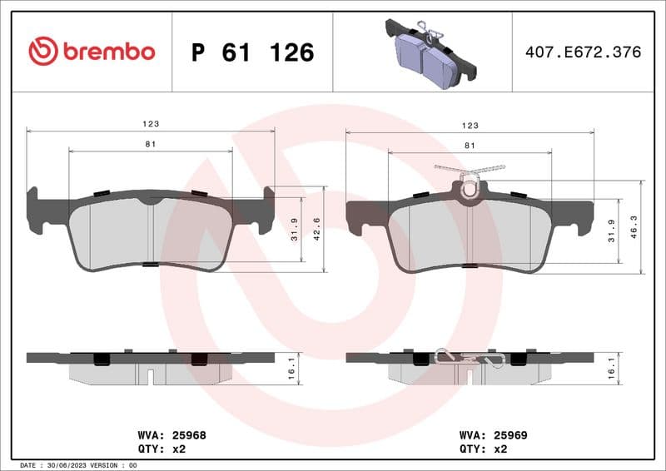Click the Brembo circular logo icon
43,52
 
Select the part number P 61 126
252,52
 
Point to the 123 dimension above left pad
150,123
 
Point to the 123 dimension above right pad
470,125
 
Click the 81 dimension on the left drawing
151,144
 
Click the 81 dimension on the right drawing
470,146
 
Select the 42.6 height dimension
317,226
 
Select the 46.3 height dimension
635,226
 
